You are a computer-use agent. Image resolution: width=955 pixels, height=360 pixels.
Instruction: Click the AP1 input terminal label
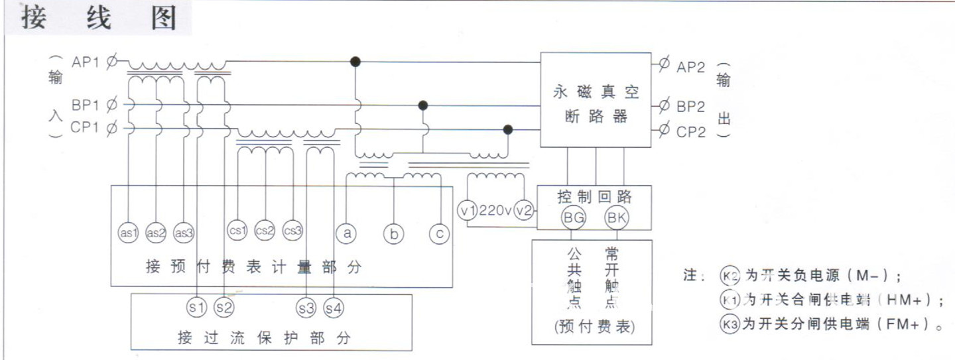[85, 62]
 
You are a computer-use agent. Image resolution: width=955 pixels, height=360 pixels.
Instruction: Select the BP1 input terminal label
[85, 105]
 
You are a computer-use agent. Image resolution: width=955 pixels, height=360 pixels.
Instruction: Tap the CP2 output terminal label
[691, 132]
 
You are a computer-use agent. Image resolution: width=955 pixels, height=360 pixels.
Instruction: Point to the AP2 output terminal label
[691, 66]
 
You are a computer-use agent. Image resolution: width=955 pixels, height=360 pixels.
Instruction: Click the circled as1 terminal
[128, 232]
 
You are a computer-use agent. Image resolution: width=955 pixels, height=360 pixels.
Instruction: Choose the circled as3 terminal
[183, 232]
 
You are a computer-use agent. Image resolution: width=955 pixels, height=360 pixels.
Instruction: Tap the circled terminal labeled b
[393, 233]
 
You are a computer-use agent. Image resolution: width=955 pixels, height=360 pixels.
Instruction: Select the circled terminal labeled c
[438, 233]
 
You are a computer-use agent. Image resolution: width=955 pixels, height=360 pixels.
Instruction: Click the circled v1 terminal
[468, 210]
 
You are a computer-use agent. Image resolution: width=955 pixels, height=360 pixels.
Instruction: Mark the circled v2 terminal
[524, 210]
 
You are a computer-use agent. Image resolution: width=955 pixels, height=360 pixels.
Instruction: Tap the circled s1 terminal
[197, 308]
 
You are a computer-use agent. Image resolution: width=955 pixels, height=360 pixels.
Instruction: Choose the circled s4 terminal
[334, 308]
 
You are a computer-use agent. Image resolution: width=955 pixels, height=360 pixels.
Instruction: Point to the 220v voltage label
[495, 211]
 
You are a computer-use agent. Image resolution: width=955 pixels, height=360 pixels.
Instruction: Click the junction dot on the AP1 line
[355, 62]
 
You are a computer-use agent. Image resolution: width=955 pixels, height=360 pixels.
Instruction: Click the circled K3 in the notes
[728, 324]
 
